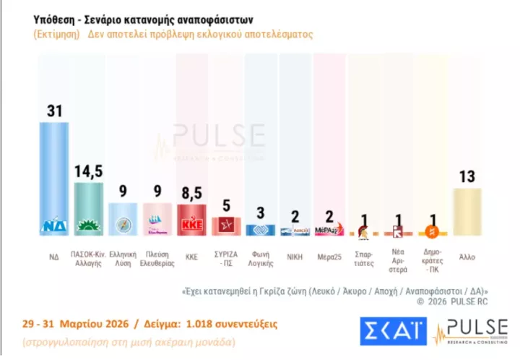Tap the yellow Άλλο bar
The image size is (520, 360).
click(467, 211)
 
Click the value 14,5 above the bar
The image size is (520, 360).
click(89, 172)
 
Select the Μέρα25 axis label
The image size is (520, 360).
click(329, 257)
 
